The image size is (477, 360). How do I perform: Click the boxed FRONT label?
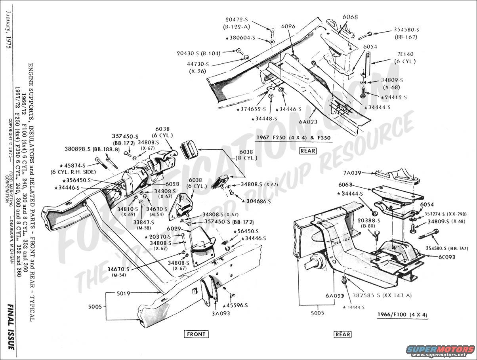[x=196, y=334]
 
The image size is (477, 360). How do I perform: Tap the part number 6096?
[x=288, y=26]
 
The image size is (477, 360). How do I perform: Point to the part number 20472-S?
[x=237, y=19]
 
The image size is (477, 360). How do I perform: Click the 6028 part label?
[x=172, y=184]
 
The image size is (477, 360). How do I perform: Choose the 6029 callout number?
[x=174, y=229]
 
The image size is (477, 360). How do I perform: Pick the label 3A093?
[x=221, y=313]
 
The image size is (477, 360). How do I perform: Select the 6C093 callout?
[x=446, y=257]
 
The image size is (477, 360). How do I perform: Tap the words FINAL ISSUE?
[x=11, y=327]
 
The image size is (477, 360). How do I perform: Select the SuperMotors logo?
[x=440, y=350]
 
